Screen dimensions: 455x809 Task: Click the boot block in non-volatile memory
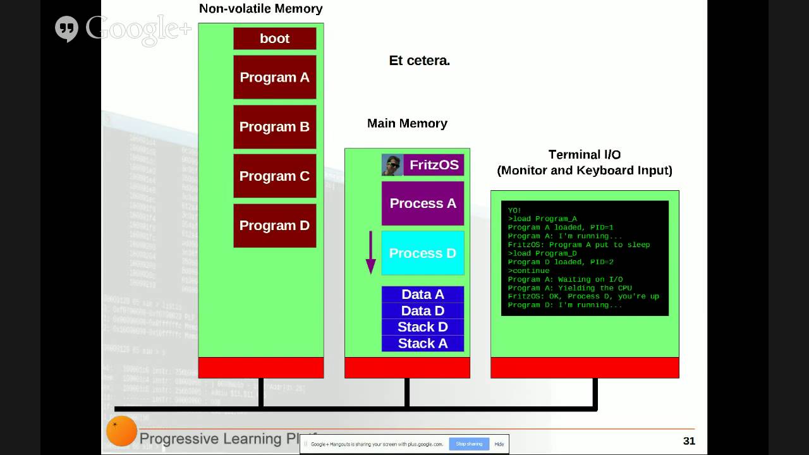(274, 39)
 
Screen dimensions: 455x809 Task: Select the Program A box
(274, 77)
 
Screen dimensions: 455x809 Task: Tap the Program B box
(274, 126)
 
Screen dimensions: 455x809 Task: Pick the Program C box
(274, 176)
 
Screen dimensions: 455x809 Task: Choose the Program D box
(274, 225)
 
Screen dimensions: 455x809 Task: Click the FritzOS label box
(434, 165)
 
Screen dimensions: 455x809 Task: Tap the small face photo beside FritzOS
(392, 165)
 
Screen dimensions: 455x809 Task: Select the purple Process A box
(423, 203)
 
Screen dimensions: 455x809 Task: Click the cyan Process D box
(423, 253)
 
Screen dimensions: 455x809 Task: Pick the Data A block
(423, 294)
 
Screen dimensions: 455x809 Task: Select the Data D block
(423, 311)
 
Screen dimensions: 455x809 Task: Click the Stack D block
(423, 327)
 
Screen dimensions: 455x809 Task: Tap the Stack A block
(423, 344)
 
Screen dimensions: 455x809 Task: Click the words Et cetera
(419, 61)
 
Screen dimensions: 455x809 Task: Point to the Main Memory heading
(407, 123)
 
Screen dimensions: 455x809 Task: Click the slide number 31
(689, 441)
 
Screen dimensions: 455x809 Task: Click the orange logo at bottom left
(121, 431)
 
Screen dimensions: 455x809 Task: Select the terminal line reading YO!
(514, 210)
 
